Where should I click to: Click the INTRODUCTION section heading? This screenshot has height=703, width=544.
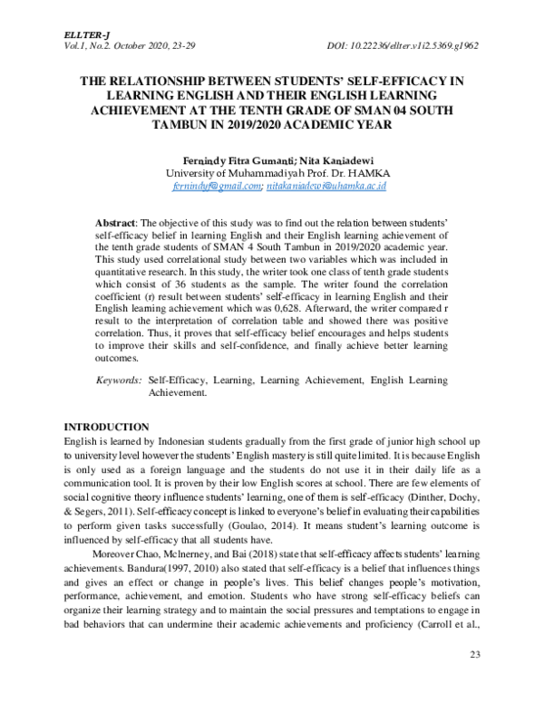point(106,427)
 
